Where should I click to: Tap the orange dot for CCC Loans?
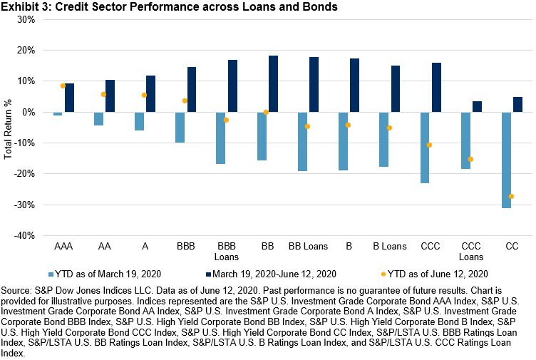(470, 159)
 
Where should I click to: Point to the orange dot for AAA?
(63, 86)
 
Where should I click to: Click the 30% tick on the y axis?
(26, 19)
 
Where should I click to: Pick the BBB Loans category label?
(227, 252)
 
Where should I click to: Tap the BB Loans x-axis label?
(308, 247)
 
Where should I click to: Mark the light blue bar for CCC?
(425, 148)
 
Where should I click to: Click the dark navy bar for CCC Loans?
(477, 106)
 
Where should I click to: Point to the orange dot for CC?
(511, 196)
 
